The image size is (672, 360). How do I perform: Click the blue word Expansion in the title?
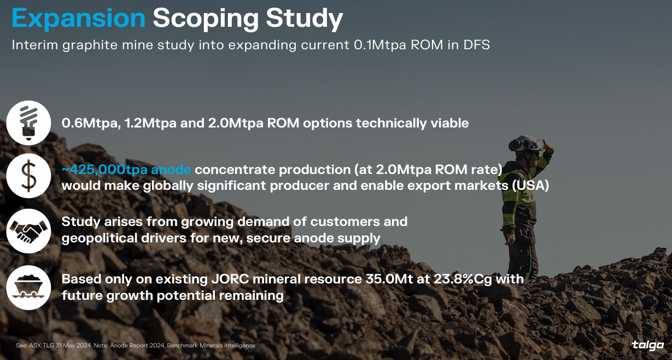click(79, 18)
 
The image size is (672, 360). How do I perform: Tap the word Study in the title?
click(304, 19)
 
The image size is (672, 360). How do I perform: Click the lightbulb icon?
click(28, 123)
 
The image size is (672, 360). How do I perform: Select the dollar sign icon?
click(28, 176)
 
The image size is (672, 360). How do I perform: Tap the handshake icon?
click(28, 231)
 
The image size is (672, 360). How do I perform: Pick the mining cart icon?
click(28, 288)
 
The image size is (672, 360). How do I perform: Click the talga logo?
click(648, 346)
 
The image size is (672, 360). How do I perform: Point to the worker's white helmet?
click(525, 143)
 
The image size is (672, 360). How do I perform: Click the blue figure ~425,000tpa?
click(104, 170)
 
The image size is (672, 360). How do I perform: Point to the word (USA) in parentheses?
click(530, 185)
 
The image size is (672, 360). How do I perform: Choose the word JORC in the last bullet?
click(230, 279)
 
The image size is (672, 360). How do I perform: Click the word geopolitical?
click(100, 239)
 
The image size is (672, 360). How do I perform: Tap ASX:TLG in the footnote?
click(42, 346)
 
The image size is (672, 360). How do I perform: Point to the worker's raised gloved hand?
click(548, 147)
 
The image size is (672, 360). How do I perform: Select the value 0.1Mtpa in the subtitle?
click(380, 45)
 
